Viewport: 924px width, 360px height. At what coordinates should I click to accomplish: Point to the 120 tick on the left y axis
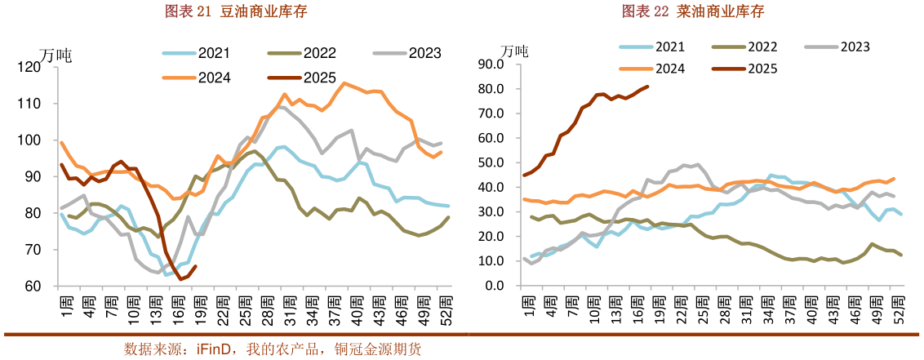click(39, 67)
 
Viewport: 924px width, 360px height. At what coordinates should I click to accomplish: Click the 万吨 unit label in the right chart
click(514, 51)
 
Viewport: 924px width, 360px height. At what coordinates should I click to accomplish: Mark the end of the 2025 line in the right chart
click(648, 87)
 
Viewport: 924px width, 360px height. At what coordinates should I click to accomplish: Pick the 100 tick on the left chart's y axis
click(39, 140)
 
